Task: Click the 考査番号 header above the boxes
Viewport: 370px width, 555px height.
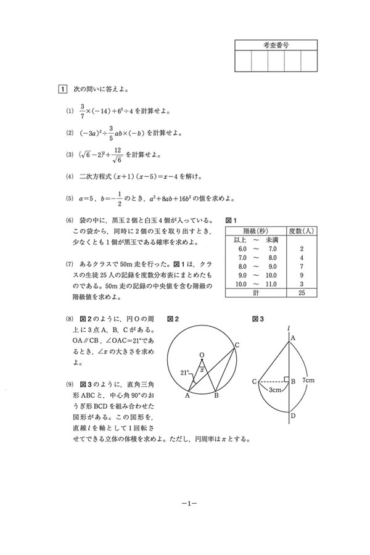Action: [x=276, y=45]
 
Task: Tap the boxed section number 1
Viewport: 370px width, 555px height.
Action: [x=62, y=89]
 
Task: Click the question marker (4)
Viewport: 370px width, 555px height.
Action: [x=69, y=176]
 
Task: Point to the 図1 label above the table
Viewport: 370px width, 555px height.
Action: [x=232, y=220]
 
